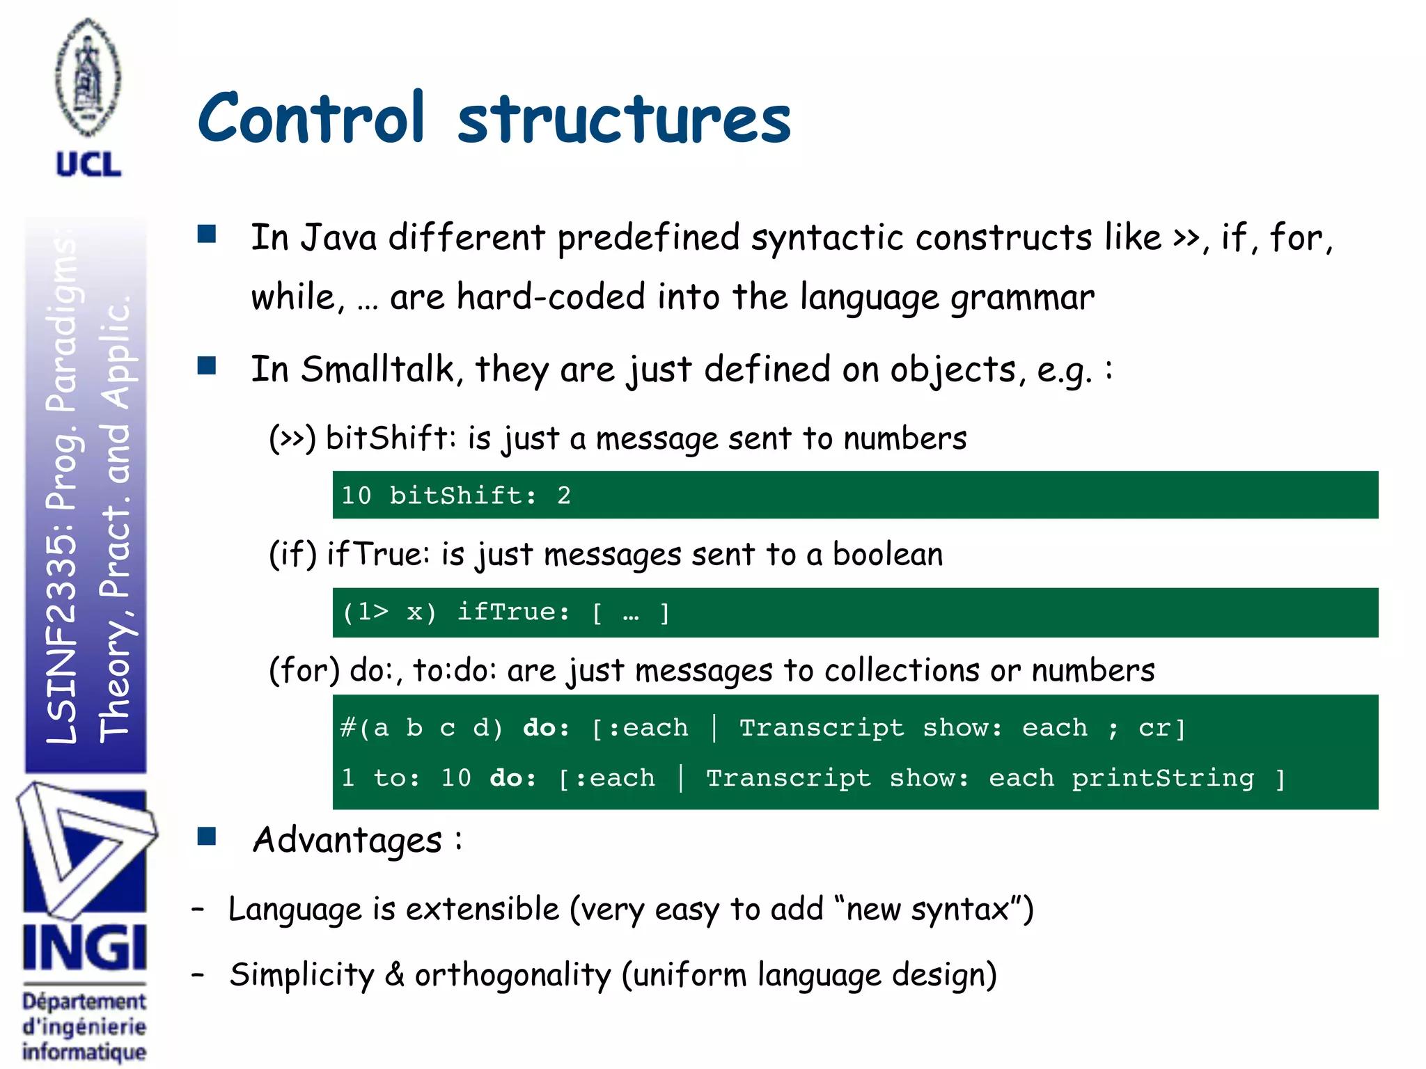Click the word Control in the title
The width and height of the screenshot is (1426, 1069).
[x=311, y=118]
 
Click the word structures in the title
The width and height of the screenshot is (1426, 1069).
[x=624, y=120]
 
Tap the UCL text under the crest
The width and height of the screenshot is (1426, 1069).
[x=88, y=165]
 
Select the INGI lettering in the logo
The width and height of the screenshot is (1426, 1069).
[x=84, y=948]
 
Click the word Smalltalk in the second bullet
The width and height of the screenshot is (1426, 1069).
[x=378, y=369]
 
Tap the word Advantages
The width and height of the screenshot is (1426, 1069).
[x=347, y=840]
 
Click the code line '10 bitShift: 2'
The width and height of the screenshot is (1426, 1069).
[x=455, y=496]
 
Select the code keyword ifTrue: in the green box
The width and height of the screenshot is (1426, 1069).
[x=513, y=612]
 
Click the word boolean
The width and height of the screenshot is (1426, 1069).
[x=887, y=555]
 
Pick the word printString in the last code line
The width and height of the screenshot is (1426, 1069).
[x=1162, y=778]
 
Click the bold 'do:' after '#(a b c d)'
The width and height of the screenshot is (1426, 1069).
[x=546, y=728]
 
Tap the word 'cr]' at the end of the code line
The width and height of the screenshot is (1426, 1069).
[x=1161, y=728]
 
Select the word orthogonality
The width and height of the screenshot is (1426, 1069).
[x=512, y=975]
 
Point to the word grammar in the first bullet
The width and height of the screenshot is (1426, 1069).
[x=1022, y=298]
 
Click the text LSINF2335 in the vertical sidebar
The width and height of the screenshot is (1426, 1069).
[x=61, y=640]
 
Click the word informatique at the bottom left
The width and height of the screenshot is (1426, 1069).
[x=84, y=1052]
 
